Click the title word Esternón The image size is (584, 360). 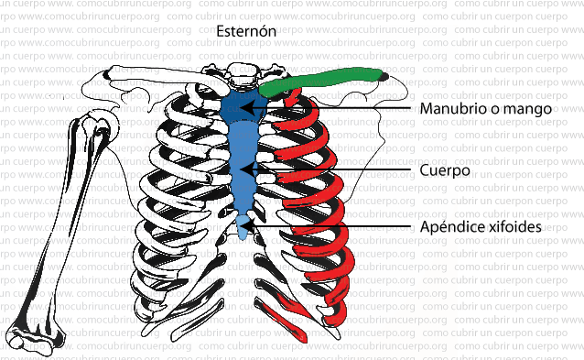(x=246, y=32)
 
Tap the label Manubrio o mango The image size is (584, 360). (x=485, y=109)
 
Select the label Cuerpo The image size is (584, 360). (x=445, y=170)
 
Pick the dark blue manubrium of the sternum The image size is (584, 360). (x=243, y=106)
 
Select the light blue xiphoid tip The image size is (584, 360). (x=243, y=223)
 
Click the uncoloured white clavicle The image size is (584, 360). (x=156, y=82)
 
